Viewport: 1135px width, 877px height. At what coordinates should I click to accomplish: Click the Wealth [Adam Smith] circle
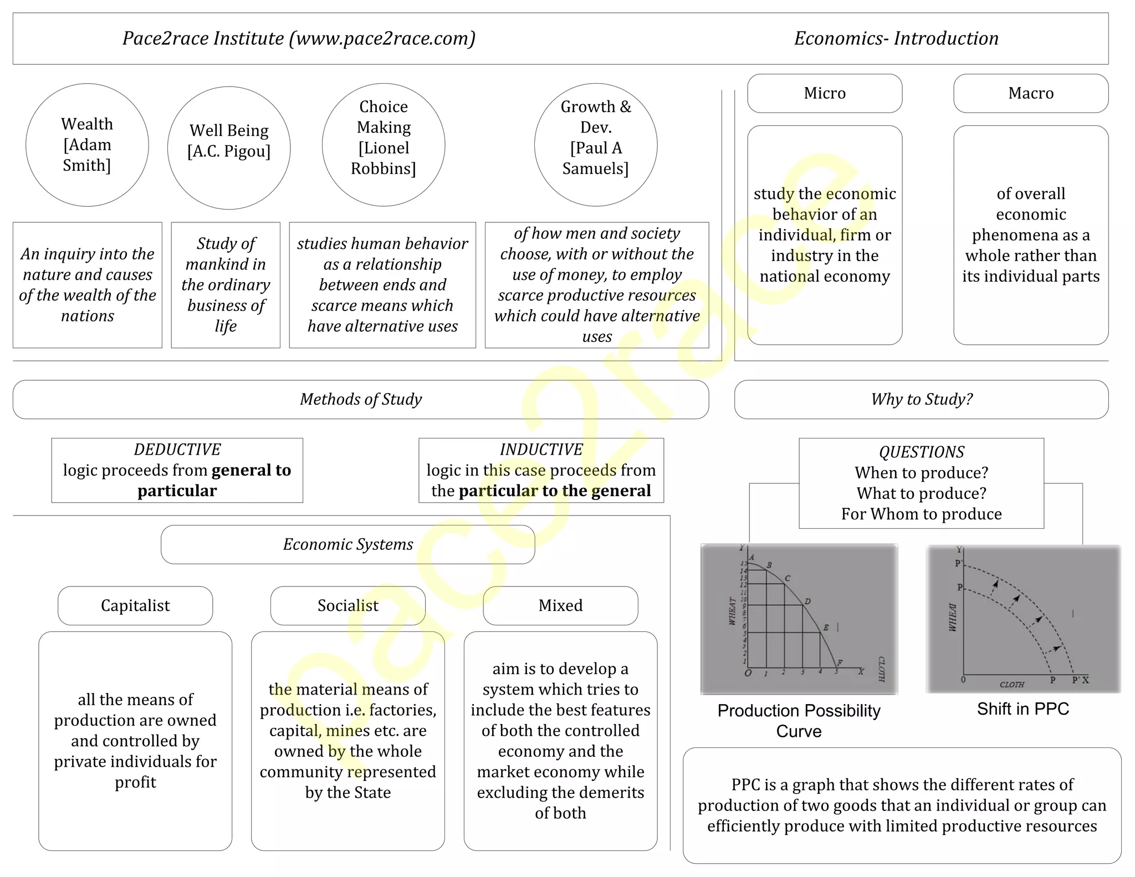[87, 145]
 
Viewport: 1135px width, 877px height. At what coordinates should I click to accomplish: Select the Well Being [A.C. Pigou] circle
[229, 147]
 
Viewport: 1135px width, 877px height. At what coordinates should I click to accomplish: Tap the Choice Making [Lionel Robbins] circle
[384, 145]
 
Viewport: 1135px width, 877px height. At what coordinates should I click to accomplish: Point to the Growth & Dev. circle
[596, 145]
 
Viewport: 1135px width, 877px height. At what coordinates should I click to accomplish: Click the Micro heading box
[825, 93]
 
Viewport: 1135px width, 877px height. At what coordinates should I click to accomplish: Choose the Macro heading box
[1031, 93]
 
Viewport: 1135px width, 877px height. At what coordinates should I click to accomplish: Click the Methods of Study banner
[361, 399]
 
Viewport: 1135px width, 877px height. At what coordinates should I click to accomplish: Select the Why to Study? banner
[921, 399]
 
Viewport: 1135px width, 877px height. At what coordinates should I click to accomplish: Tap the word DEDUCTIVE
[177, 450]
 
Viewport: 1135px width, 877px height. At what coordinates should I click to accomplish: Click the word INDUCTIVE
[541, 450]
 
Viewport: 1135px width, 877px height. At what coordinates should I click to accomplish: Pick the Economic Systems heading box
[348, 544]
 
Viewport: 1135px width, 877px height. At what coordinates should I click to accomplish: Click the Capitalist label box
[135, 605]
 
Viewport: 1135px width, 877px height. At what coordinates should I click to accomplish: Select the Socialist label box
[348, 605]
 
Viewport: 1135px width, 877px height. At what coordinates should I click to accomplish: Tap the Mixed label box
[560, 605]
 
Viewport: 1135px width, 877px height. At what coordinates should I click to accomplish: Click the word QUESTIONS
[921, 452]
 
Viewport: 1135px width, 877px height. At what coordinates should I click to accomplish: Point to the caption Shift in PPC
[1022, 708]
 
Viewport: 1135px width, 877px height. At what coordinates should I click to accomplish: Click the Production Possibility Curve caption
[799, 721]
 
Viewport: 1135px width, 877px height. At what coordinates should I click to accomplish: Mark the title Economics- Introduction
[896, 38]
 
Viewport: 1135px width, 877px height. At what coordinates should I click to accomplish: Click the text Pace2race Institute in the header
[203, 38]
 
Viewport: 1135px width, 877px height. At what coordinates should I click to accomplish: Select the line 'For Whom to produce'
[921, 514]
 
